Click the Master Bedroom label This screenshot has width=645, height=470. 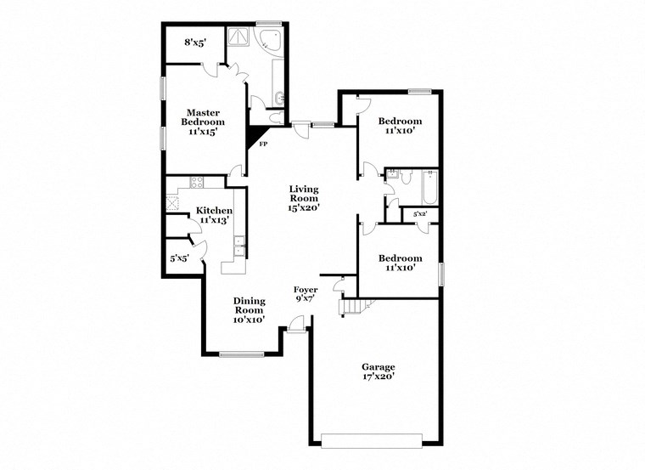[x=204, y=122]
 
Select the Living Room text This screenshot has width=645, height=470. [x=304, y=198]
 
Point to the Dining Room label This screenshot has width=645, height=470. [x=250, y=310]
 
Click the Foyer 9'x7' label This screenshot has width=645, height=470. [x=306, y=294]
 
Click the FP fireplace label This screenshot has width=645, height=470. [x=263, y=144]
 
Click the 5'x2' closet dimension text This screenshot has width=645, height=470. [x=419, y=215]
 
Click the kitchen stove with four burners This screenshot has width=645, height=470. [x=196, y=182]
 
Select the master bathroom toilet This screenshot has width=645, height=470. [x=278, y=119]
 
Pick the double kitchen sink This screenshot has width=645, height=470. [x=240, y=249]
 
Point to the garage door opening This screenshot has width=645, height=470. [x=372, y=439]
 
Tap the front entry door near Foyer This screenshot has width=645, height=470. [x=294, y=326]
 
